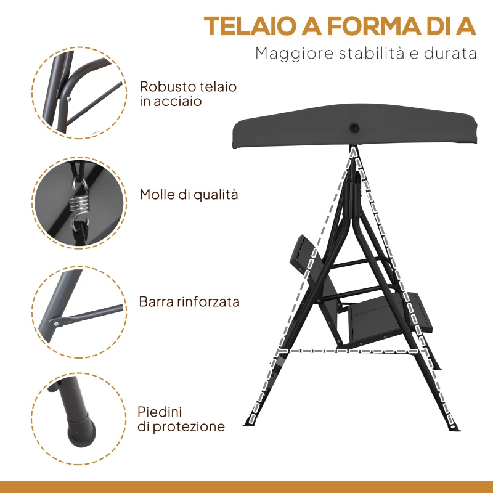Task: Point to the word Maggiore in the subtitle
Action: [x=289, y=53]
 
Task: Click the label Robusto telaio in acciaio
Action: [x=188, y=94]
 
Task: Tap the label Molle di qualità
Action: [x=189, y=195]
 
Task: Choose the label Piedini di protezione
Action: [x=182, y=418]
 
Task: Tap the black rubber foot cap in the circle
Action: [x=79, y=431]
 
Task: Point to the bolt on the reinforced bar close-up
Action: [x=57, y=322]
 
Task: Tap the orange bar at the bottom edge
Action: [x=246, y=487]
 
